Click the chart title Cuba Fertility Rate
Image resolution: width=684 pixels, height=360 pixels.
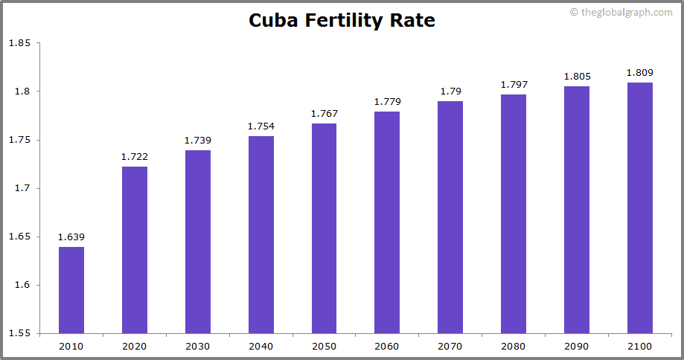[342, 20]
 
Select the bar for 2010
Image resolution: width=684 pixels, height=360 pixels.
[71, 290]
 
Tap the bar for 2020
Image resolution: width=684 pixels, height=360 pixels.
[135, 250]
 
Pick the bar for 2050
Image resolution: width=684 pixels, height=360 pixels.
[324, 228]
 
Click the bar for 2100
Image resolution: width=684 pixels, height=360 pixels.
[640, 208]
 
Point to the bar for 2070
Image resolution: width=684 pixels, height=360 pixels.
[450, 217]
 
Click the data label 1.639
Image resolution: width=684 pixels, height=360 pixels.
[71, 237]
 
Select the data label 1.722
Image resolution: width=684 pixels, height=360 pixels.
[135, 157]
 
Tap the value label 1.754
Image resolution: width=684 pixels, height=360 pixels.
[261, 126]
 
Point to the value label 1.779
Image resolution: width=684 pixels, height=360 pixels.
[387, 102]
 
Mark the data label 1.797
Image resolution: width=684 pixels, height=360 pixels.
[514, 85]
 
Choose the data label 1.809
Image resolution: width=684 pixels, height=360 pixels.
[640, 73]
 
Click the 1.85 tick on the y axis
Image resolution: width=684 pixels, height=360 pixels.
[19, 43]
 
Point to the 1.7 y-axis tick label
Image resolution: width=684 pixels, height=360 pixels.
[22, 188]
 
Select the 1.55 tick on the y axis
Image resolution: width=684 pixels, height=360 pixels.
[19, 333]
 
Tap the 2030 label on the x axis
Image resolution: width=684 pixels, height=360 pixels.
[198, 347]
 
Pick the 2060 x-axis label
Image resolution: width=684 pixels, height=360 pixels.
[387, 347]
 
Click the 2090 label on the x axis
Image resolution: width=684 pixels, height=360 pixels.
[577, 347]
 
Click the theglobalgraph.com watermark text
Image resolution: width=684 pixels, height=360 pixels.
[626, 13]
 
